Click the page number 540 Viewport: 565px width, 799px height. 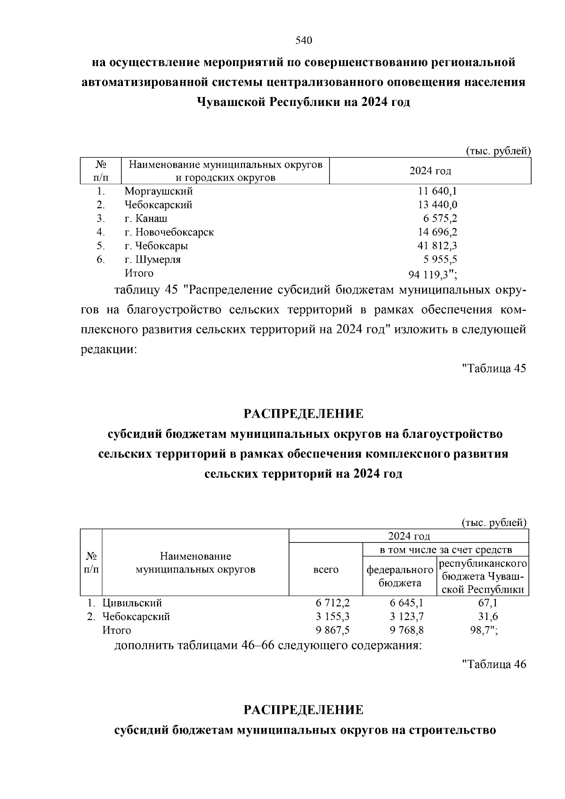tap(304, 40)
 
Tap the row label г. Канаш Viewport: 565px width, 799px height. tap(146, 218)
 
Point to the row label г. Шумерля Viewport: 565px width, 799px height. tap(153, 259)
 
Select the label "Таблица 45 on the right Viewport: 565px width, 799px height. tap(494, 368)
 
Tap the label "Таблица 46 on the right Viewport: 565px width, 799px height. tap(494, 664)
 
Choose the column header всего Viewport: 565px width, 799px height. tap(326, 570)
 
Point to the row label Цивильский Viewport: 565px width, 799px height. tap(132, 603)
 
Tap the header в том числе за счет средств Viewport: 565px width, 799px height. tap(446, 549)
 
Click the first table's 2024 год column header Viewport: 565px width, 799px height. tap(430, 171)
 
